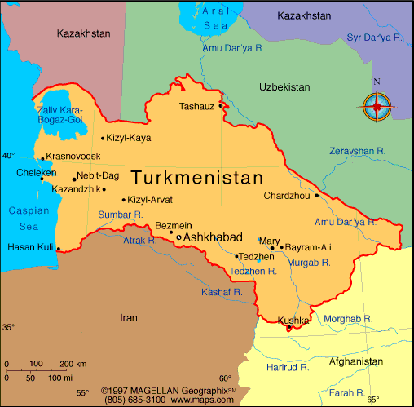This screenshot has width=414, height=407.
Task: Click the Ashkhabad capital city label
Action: tap(213, 237)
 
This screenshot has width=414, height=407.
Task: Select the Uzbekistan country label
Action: tap(284, 87)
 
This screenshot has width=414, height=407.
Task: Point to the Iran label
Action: tap(129, 318)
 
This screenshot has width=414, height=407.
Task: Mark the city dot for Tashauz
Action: tap(221, 104)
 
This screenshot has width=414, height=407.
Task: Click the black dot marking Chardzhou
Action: tap(316, 196)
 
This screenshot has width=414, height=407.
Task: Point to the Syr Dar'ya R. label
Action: tap(375, 38)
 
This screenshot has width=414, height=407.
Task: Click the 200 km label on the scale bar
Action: tap(73, 363)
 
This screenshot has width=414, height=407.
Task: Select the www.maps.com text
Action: tap(200, 400)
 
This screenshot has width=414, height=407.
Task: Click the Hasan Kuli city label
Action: tap(30, 247)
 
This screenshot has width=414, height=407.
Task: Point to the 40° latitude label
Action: tap(8, 155)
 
